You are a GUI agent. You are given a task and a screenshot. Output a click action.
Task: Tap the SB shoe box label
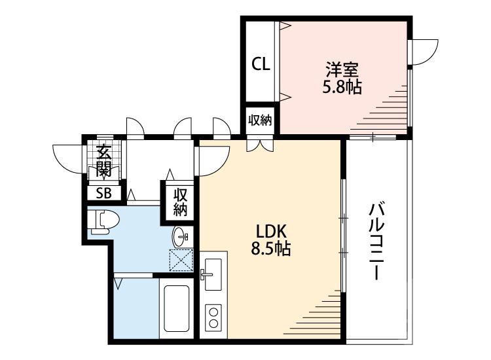(103, 192)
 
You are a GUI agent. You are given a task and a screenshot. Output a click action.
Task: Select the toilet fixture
(101, 221)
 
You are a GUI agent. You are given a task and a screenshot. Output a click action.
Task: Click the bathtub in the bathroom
(177, 309)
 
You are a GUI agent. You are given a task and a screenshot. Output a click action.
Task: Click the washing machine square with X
(181, 259)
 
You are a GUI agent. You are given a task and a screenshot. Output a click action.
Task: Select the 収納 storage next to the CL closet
(260, 120)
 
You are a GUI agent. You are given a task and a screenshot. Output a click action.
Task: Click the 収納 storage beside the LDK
(181, 202)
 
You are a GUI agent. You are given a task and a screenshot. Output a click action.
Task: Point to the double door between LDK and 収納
(260, 145)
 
